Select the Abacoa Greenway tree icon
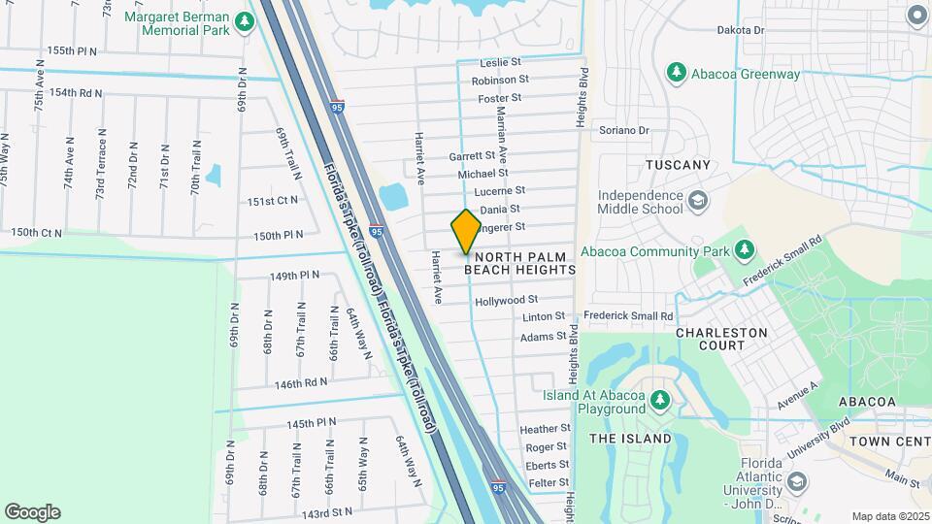pos(677,73)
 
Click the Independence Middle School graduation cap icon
pos(697,202)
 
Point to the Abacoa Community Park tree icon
pos(745,250)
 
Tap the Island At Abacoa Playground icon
pos(659,400)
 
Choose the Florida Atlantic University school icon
pos(797,481)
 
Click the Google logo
pos(32,512)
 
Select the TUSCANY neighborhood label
pos(679,166)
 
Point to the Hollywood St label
pos(519,302)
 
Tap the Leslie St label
pos(501,63)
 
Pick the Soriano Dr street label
pos(623,130)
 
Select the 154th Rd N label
pos(77,93)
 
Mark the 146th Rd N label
pos(301,384)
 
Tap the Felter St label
pos(549,483)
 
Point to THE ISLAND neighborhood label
pos(631,439)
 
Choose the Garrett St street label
pos(472,155)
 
